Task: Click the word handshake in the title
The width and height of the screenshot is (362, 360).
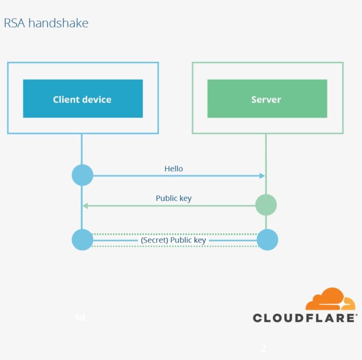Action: click(x=58, y=23)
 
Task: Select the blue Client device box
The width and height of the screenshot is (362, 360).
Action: click(x=83, y=99)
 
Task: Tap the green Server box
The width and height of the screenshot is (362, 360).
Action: click(x=267, y=99)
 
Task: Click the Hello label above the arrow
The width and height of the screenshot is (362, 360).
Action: click(x=173, y=169)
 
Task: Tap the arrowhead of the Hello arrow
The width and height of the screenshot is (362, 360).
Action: click(x=262, y=176)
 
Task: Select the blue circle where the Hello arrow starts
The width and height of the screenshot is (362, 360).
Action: click(x=83, y=175)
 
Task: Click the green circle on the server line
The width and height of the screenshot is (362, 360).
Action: click(x=266, y=205)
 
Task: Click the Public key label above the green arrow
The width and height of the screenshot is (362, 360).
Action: click(x=173, y=198)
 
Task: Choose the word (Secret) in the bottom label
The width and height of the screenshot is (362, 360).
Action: click(x=155, y=240)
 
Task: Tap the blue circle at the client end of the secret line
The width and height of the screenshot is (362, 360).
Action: click(x=83, y=240)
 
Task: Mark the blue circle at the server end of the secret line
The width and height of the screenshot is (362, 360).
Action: click(x=267, y=240)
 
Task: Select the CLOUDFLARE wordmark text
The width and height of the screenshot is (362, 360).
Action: click(x=305, y=318)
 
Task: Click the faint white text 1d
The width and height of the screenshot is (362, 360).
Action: click(x=80, y=317)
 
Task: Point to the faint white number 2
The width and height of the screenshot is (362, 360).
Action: click(x=264, y=349)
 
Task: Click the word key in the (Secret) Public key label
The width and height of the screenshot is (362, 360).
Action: click(x=200, y=240)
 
